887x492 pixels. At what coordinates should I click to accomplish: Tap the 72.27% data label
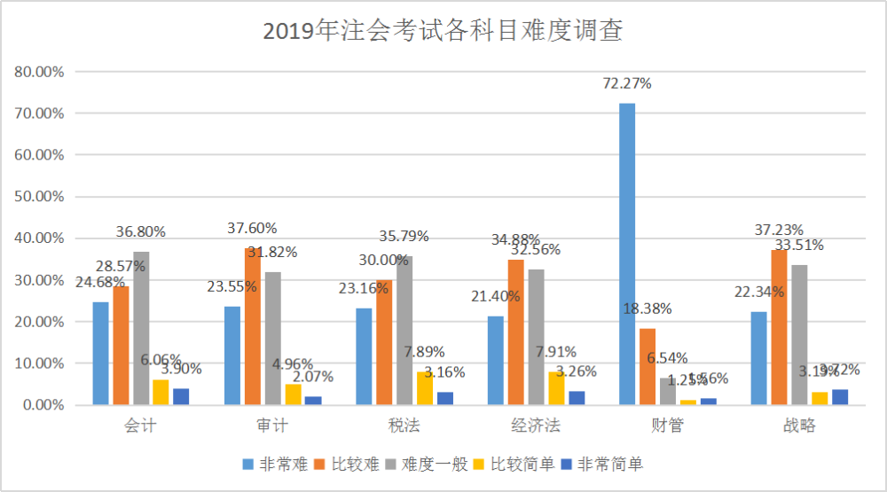pyautogui.click(x=626, y=84)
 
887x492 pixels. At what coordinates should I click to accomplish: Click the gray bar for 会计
pyautogui.click(x=140, y=328)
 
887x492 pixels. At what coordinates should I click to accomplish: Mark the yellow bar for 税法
pyautogui.click(x=425, y=388)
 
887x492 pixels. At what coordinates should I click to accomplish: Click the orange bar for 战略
pyautogui.click(x=779, y=327)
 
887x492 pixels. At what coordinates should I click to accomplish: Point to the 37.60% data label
pyautogui.click(x=252, y=229)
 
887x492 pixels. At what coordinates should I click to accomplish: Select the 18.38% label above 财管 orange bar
pyautogui.click(x=647, y=309)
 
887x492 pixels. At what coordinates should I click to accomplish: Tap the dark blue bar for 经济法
pyautogui.click(x=577, y=398)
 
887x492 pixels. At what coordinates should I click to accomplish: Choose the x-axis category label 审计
pyautogui.click(x=271, y=426)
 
